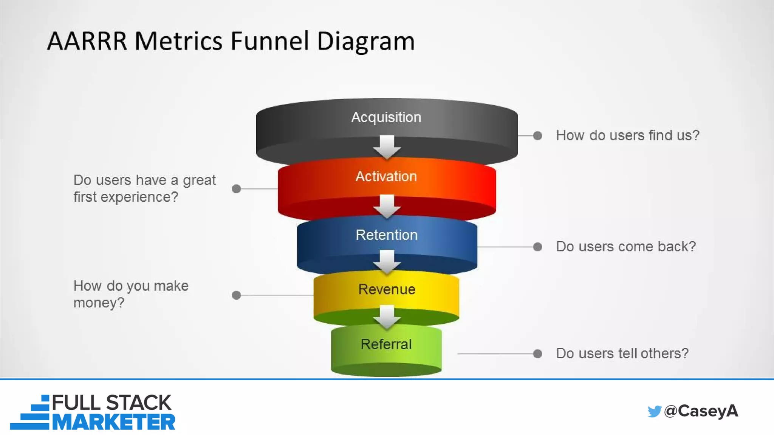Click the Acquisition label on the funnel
pos(386,117)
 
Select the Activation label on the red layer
pos(386,176)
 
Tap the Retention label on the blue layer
pos(386,235)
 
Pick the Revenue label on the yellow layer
pos(387,289)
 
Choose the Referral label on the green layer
pos(386,344)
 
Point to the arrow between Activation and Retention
pos(387,206)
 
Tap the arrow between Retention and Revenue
pos(387,262)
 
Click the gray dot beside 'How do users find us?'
pos(537,136)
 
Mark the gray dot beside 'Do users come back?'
pos(537,247)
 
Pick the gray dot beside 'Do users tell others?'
pos(537,354)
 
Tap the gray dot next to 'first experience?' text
pos(236,189)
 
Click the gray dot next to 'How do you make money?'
pos(236,295)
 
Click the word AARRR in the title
pos(87,41)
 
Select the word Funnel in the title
pos(270,41)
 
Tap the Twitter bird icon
pos(654,411)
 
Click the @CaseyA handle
pos(701,411)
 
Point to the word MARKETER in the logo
pos(113,422)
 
